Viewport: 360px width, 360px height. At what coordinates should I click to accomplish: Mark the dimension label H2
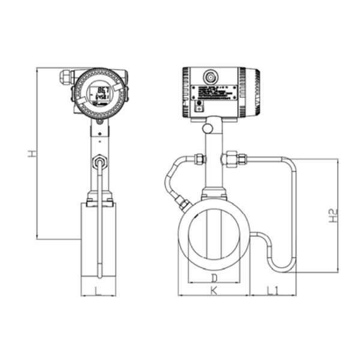(x=334, y=216)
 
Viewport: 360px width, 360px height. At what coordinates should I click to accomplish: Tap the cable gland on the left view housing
(x=65, y=77)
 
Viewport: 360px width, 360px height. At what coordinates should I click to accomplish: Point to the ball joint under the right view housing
(x=208, y=128)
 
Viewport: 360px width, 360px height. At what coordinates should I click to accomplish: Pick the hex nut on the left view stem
(x=98, y=162)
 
